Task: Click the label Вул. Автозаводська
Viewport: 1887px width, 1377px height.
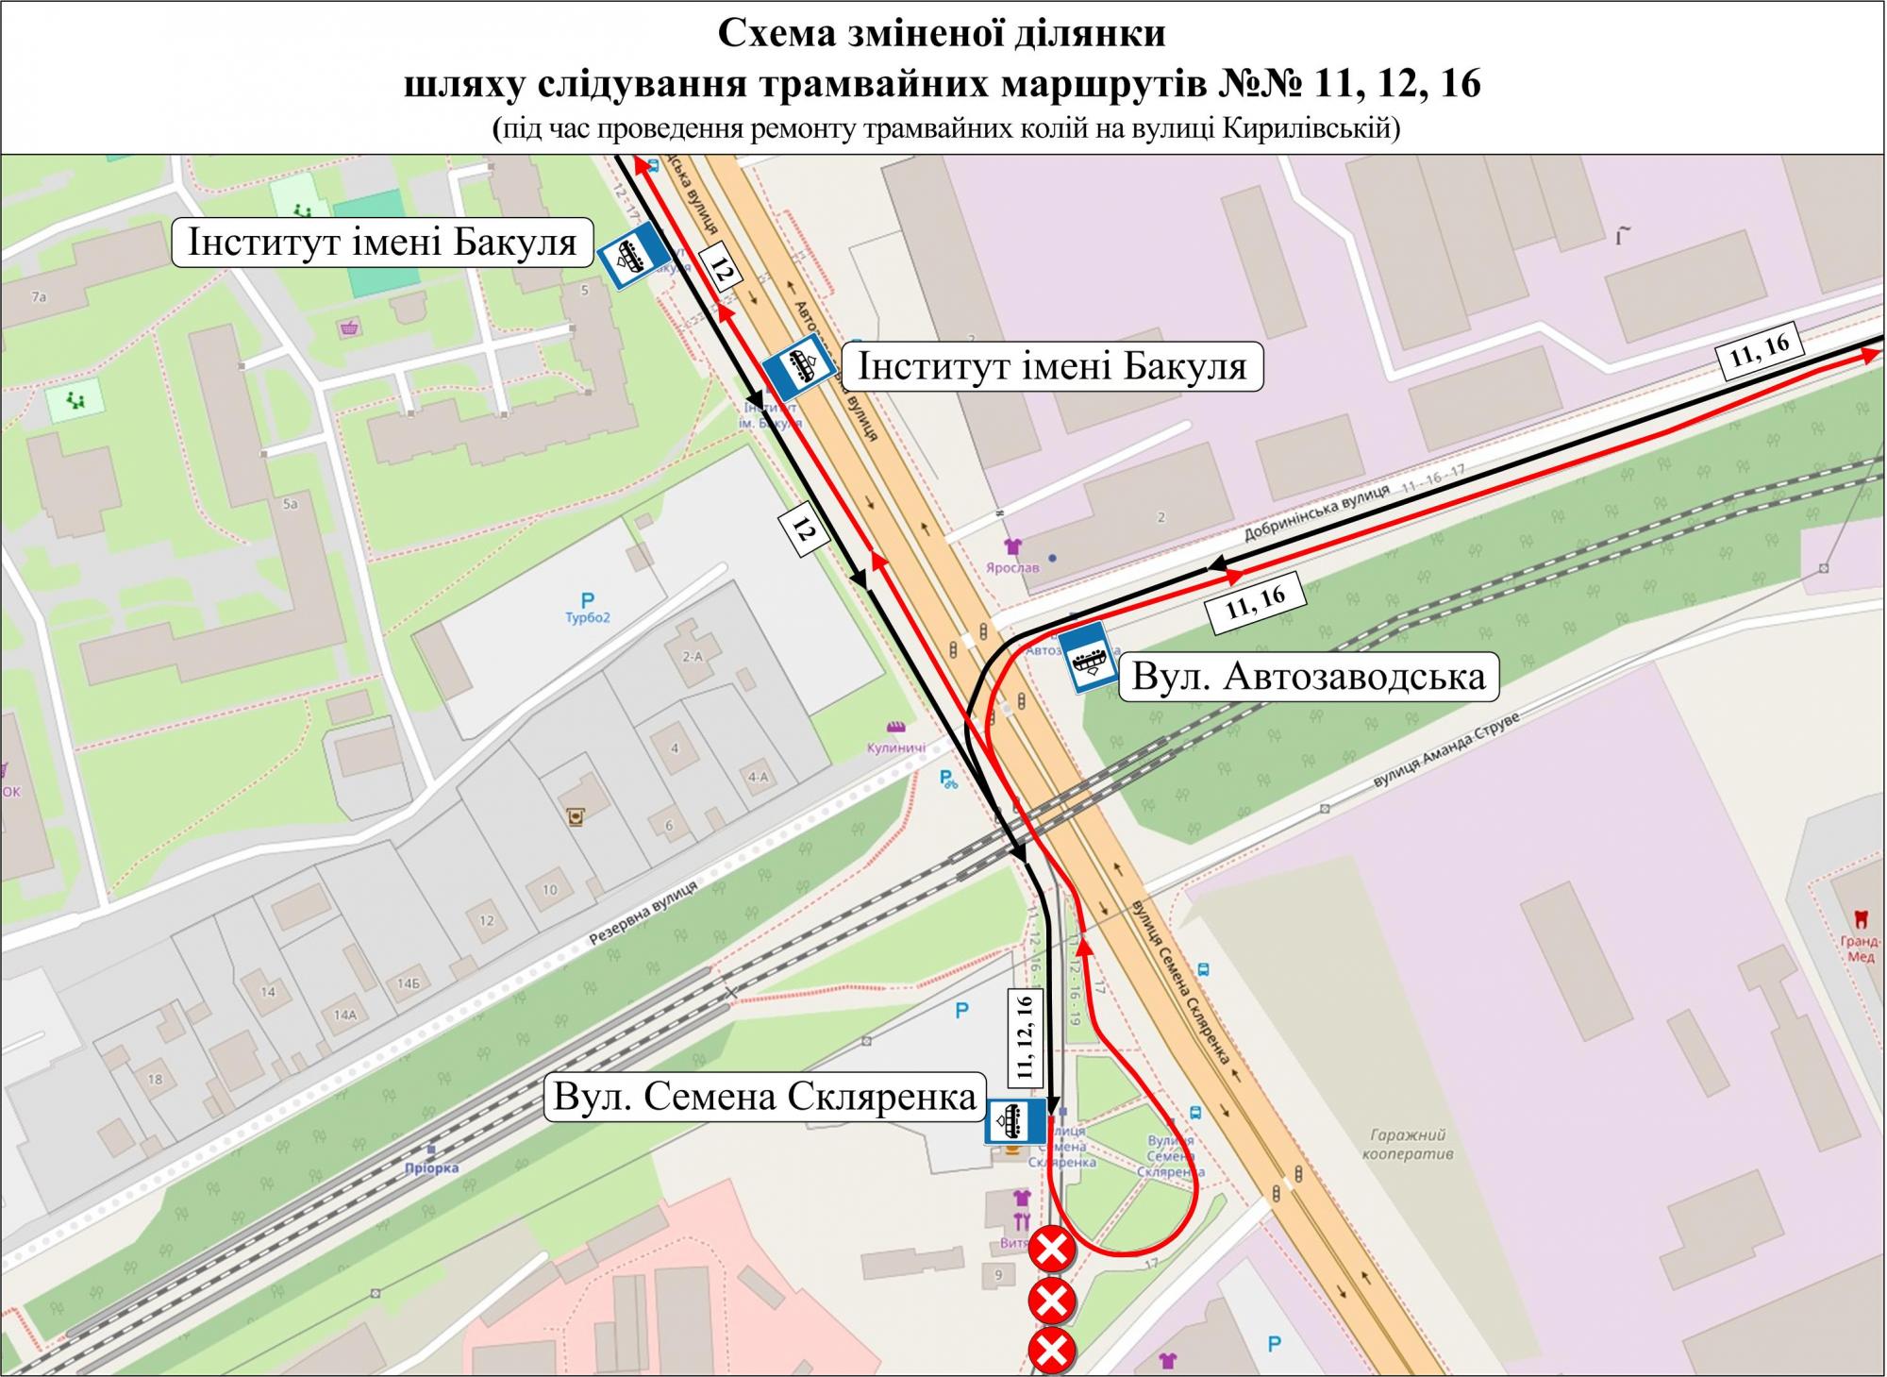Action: tap(1308, 676)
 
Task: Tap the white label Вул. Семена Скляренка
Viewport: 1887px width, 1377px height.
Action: tap(764, 1097)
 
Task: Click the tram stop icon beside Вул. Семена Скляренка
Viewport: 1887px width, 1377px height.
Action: tap(1015, 1123)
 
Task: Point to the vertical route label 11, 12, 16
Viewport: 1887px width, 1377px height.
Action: tap(1025, 1034)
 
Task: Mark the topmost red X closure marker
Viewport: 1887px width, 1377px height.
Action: tap(1052, 1251)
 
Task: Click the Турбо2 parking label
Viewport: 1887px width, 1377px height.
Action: tap(589, 618)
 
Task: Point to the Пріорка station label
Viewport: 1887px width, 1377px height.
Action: tap(434, 1167)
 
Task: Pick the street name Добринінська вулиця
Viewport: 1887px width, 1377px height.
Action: tap(1316, 515)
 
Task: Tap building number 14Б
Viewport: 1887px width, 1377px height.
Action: tap(408, 983)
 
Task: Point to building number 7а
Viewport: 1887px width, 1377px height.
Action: tap(39, 296)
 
